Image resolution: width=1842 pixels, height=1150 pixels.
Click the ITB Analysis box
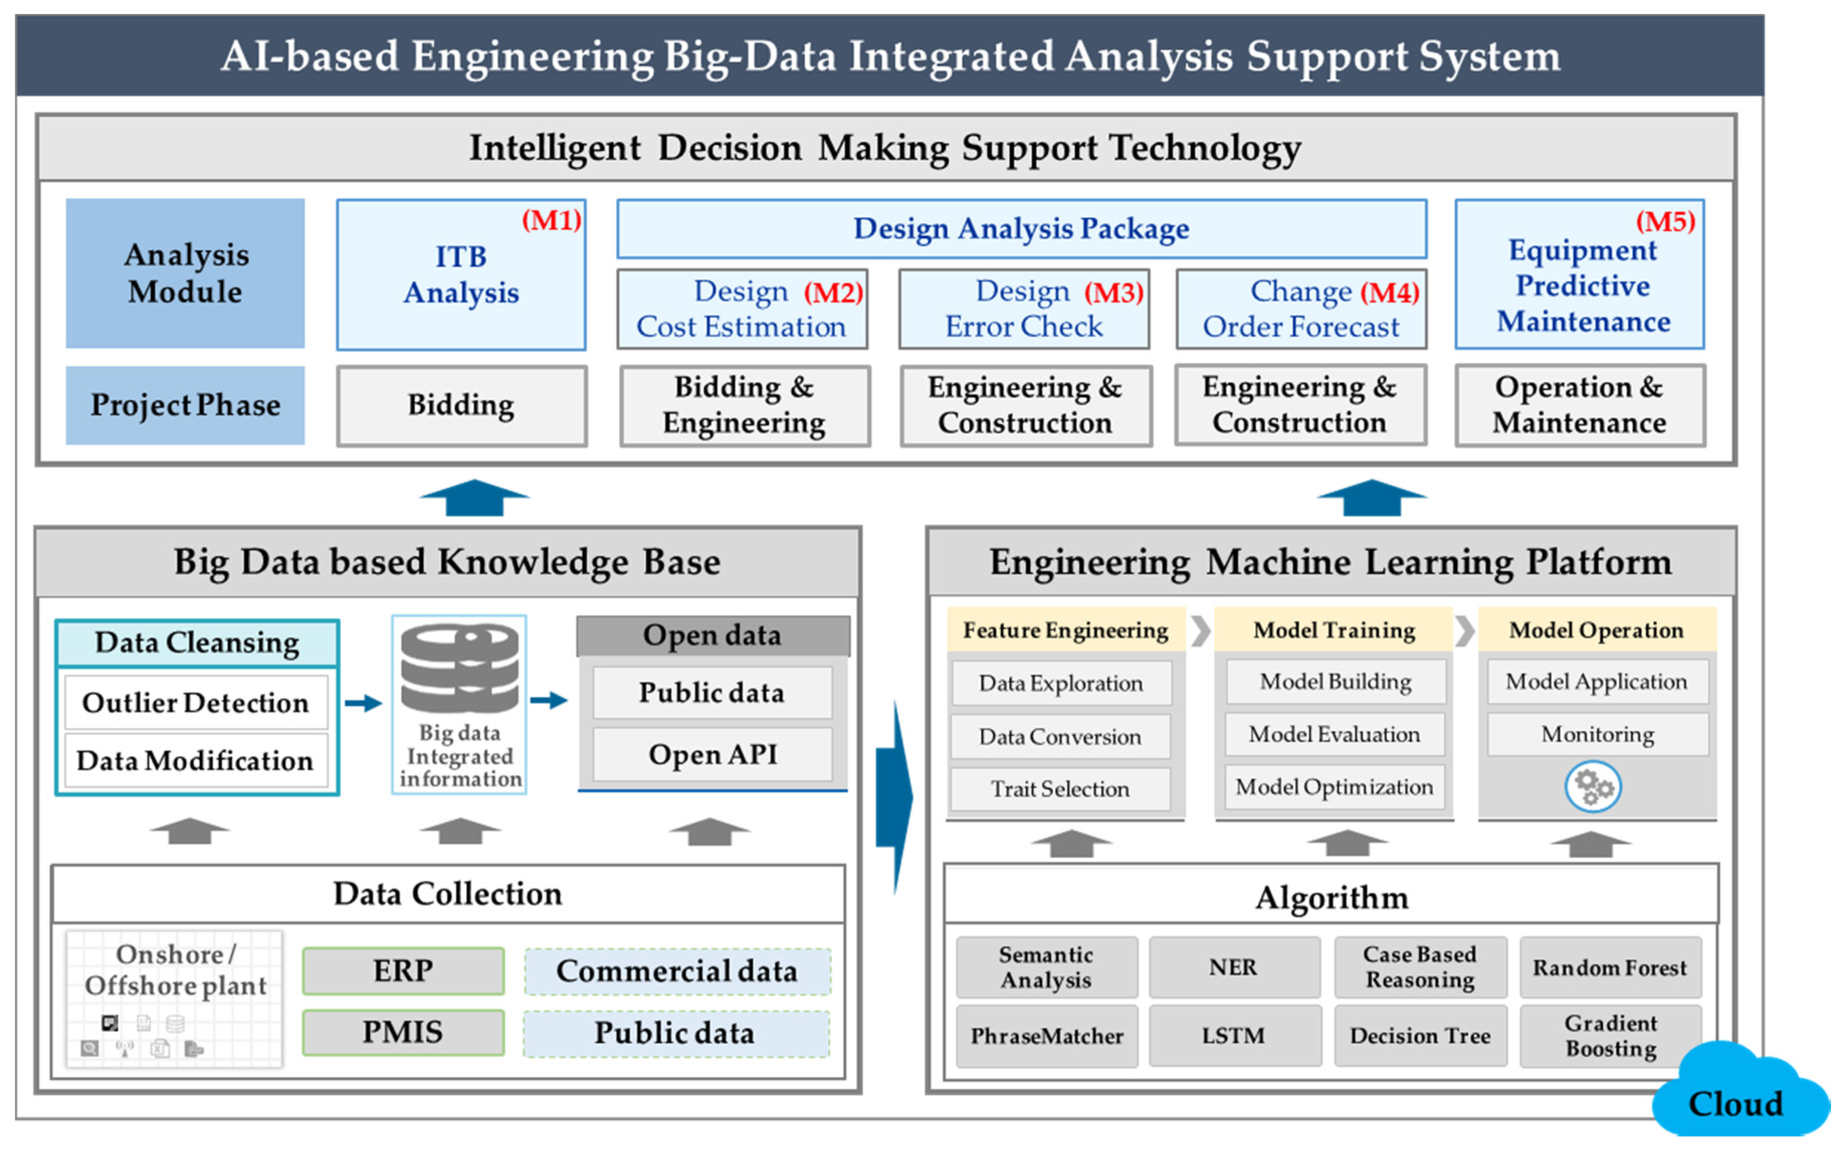click(461, 274)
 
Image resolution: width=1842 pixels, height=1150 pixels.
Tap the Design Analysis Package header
click(1021, 229)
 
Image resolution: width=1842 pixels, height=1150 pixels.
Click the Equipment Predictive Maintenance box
click(1580, 274)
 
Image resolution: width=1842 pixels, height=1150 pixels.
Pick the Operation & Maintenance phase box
click(1580, 406)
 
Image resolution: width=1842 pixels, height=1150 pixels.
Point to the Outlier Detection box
click(196, 703)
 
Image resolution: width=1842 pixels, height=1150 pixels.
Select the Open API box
click(712, 754)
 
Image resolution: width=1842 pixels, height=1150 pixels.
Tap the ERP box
click(403, 971)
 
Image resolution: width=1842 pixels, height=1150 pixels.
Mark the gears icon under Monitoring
click(1593, 787)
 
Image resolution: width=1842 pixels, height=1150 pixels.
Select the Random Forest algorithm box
click(1610, 968)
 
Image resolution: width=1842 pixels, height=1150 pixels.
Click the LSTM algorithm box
click(1234, 1036)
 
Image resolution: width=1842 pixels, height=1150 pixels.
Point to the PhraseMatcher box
click(1047, 1036)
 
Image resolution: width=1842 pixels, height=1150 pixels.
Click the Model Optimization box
click(1334, 787)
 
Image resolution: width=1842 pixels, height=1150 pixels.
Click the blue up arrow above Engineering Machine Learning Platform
click(1371, 498)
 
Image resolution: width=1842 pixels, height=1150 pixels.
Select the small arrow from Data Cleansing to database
click(363, 703)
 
